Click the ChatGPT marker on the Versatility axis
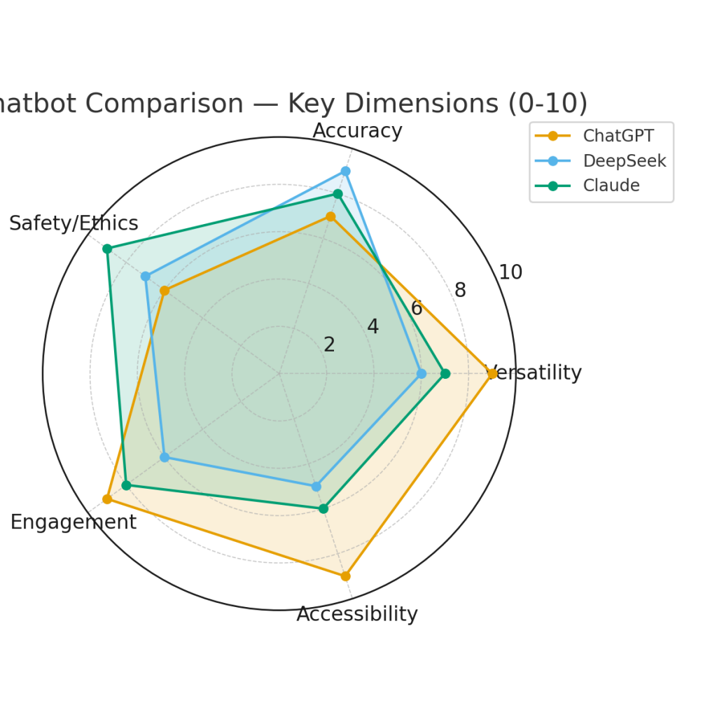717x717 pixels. (492, 373)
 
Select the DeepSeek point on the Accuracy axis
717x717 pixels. (345, 171)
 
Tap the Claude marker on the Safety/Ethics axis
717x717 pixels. (107, 249)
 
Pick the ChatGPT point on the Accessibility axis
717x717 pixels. (345, 576)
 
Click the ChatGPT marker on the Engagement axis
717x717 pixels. (107, 499)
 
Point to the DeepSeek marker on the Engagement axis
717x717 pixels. (165, 457)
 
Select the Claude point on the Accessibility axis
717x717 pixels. (323, 508)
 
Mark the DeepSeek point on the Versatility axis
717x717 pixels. (422, 373)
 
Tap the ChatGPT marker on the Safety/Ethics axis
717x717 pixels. (165, 291)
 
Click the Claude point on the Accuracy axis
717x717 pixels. (337, 194)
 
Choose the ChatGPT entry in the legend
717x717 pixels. (618, 136)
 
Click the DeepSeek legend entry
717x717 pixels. (624, 161)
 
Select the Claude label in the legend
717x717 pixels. (611, 186)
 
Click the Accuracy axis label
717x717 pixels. (357, 131)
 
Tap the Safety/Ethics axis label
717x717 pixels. (74, 223)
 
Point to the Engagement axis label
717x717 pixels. (73, 522)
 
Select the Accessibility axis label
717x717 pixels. (357, 614)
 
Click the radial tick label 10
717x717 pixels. (510, 272)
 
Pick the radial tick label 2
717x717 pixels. (329, 344)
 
